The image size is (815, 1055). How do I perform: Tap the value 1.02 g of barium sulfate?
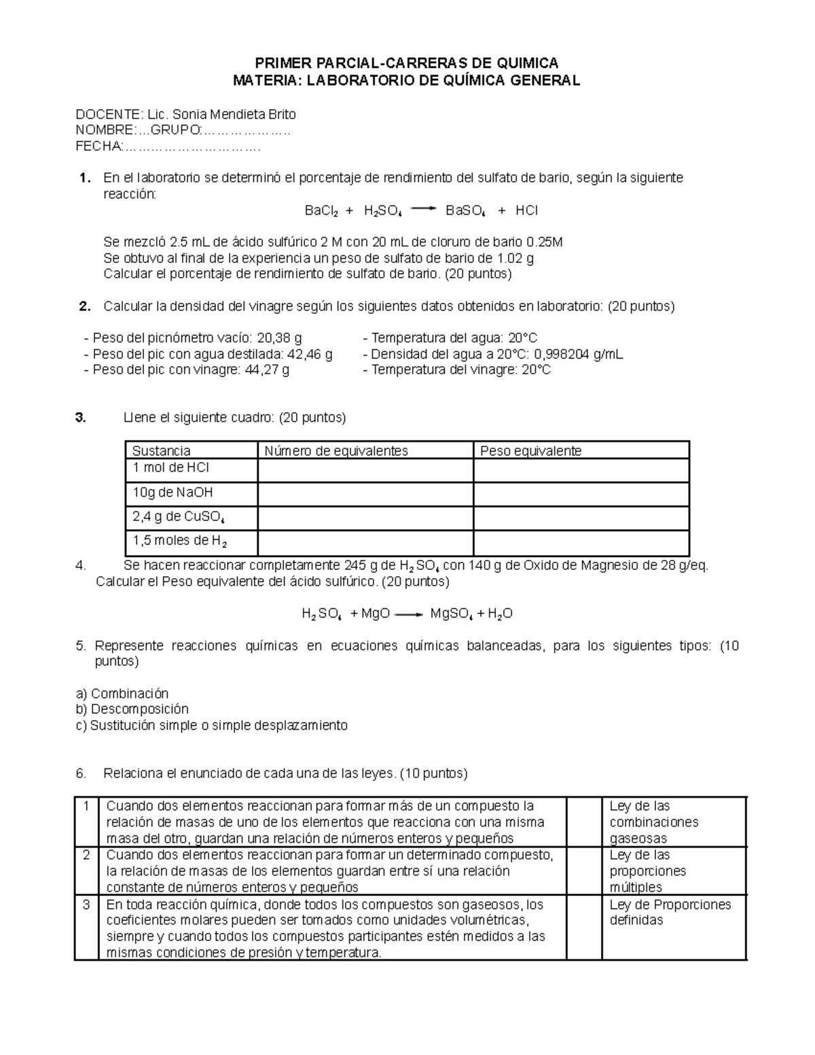515,258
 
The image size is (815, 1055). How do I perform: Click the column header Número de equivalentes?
336,451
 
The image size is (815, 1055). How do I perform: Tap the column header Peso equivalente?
530,451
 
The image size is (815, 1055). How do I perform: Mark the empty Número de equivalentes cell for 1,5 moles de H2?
365,542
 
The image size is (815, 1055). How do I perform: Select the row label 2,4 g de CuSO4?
178,517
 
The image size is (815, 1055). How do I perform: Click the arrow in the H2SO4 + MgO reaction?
409,614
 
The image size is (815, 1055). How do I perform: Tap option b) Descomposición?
132,709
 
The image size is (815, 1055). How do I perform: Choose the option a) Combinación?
122,694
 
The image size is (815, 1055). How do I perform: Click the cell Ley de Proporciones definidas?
670,912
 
